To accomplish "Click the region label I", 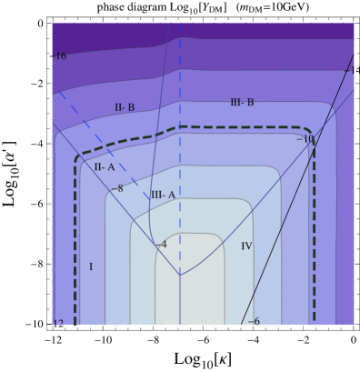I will pyautogui.click(x=91, y=267).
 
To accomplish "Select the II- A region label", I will pyautogui.click(x=105, y=167).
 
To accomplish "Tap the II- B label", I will pyautogui.click(x=125, y=108).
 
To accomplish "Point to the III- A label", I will pyautogui.click(x=163, y=195).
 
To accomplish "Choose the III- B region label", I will pyautogui.click(x=242, y=103).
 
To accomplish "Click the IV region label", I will pyautogui.click(x=246, y=246).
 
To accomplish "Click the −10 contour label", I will pyautogui.click(x=305, y=139).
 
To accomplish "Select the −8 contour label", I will pyautogui.click(x=116, y=189).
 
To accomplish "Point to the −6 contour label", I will pyautogui.click(x=253, y=322).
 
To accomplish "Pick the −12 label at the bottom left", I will pyautogui.click(x=57, y=323).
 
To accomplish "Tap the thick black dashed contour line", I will pyautogui.click(x=75, y=236).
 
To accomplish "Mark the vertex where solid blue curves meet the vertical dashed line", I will pyautogui.click(x=180, y=275).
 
